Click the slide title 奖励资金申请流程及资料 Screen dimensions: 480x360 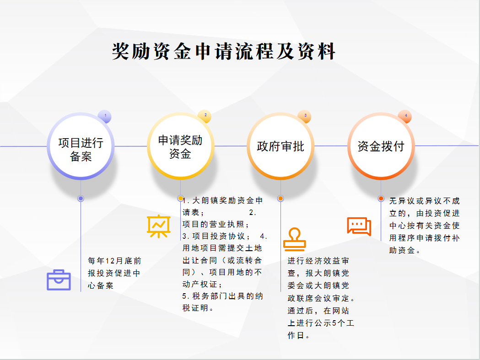click(224, 51)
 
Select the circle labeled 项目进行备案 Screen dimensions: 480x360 click(81, 146)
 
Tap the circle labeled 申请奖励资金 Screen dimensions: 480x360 click(181, 146)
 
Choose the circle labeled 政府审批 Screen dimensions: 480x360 click(280, 146)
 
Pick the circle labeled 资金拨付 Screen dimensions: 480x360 click(381, 146)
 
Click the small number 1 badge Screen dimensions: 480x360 click(105, 116)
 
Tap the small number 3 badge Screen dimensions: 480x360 click(305, 116)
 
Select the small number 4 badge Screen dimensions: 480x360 click(405, 116)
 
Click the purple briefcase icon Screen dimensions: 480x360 click(59, 280)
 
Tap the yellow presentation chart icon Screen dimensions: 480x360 click(159, 226)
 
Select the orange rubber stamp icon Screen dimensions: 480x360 click(295, 239)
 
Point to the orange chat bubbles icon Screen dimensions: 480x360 click(359, 226)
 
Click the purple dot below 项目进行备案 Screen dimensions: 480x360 click(81, 199)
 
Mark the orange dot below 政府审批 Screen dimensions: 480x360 click(280, 199)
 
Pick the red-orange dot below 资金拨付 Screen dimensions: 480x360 click(381, 199)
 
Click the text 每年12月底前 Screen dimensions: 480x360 click(114, 261)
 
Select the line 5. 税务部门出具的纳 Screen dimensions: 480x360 click(222, 296)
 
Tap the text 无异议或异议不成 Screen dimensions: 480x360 click(425, 201)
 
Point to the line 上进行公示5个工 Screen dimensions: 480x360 click(321, 323)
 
